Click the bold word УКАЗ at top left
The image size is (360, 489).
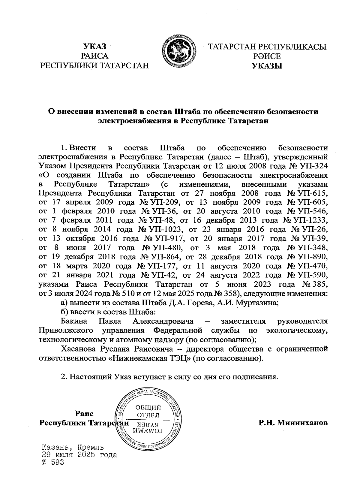[x=94, y=47]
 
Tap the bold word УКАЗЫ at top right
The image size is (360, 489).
[x=267, y=66]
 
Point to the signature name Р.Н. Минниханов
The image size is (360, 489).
[x=293, y=423]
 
